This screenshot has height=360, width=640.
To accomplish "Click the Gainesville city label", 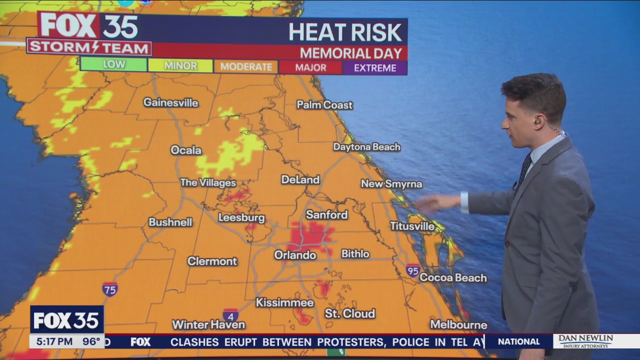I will [170, 102].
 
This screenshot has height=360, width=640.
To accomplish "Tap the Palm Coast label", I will [324, 105].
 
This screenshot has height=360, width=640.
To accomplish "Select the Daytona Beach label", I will [366, 147].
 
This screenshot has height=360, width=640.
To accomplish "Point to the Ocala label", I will [186, 150].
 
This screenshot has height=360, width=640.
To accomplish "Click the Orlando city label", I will [295, 255].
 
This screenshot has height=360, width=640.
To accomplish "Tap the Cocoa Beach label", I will [453, 277].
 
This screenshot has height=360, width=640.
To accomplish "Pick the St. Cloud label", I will [349, 313].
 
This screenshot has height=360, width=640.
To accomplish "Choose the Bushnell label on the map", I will [170, 222].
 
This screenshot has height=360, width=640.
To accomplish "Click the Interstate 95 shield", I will [413, 270].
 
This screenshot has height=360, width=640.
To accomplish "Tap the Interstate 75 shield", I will [110, 289].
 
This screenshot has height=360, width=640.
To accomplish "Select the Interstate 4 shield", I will [230, 315].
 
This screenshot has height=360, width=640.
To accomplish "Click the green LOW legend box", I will [113, 64].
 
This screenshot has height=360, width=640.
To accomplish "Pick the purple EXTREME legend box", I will [375, 67].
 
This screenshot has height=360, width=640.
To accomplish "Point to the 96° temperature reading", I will [91, 342].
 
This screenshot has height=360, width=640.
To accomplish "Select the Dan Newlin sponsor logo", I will [585, 341].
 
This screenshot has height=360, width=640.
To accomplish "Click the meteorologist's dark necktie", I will [524, 169].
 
